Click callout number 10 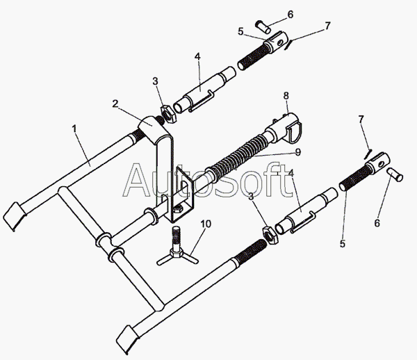(x=204, y=224)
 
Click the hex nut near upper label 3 (x=167, y=111)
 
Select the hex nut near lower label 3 (x=266, y=231)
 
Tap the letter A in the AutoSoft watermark (x=137, y=182)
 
